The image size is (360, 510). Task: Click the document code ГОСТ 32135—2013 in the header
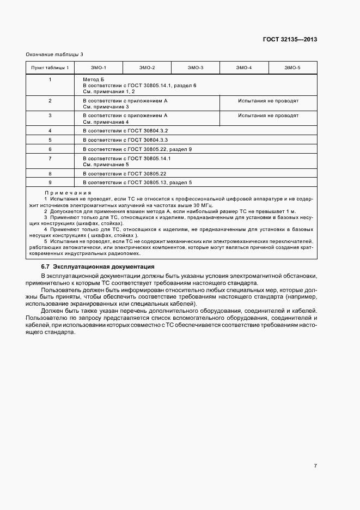(290, 39)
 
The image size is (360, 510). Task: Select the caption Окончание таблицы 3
(54, 54)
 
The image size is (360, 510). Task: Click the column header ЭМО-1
(99, 68)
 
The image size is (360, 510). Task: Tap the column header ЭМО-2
(147, 68)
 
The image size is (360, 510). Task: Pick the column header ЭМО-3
(195, 68)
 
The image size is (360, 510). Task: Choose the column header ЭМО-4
(243, 68)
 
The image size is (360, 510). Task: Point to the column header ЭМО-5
(292, 68)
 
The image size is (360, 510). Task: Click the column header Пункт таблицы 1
(50, 68)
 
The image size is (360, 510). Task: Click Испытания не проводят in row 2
(268, 101)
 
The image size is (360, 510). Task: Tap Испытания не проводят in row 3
(268, 116)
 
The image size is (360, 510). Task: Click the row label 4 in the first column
(50, 131)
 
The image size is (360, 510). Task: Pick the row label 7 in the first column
(50, 158)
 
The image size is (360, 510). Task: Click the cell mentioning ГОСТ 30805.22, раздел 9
(137, 149)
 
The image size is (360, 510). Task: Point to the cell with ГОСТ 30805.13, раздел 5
(137, 182)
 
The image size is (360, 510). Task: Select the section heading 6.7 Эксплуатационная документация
(98, 266)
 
